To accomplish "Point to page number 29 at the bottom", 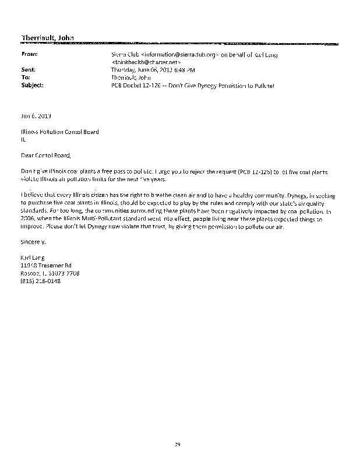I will (179, 444).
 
